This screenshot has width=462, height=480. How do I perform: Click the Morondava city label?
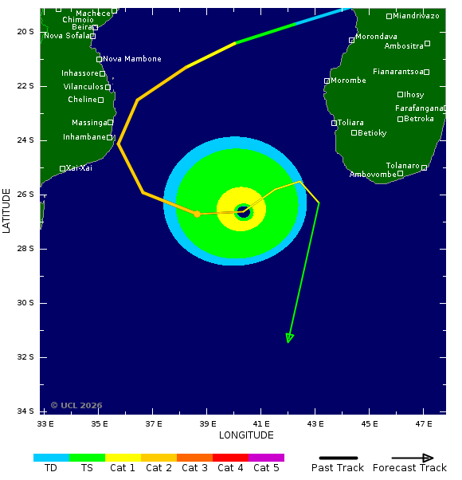tap(376, 37)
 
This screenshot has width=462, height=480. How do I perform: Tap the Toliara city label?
tap(350, 123)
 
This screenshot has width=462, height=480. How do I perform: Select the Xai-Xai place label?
tap(80, 168)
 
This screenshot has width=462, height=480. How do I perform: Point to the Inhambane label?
tap(84, 137)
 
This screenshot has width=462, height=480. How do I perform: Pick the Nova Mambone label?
tap(132, 59)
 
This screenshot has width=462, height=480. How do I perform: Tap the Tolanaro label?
tap(403, 166)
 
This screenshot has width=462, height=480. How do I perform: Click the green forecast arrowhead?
tap(290, 338)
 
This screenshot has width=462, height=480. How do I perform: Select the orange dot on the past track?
tap(197, 214)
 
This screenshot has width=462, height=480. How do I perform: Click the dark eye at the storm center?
tap(243, 211)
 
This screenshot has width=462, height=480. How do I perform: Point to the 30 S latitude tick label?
tap(25, 303)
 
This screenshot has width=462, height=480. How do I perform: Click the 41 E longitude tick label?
tap(262, 423)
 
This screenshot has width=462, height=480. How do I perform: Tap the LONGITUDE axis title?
tap(246, 435)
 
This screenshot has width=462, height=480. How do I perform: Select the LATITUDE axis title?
tap(7, 210)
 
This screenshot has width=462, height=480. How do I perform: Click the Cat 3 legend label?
tap(194, 468)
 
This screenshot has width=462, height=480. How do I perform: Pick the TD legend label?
tap(51, 468)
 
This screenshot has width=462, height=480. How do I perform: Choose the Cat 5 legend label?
tap(266, 468)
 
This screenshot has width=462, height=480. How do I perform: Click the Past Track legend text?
tap(338, 468)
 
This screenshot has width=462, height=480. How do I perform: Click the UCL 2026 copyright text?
tap(76, 405)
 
